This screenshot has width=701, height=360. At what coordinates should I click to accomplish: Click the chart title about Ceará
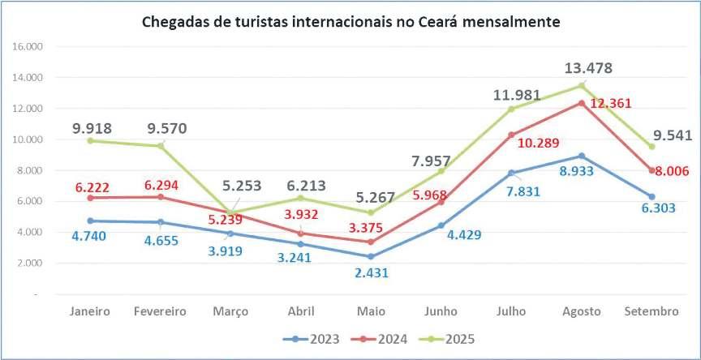pyautogui.click(x=350, y=21)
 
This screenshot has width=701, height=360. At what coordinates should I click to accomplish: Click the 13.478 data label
pyautogui.click(x=587, y=68)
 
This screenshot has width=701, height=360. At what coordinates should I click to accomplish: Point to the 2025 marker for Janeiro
pyautogui.click(x=90, y=140)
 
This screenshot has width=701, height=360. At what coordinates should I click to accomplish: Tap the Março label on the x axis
pyautogui.click(x=231, y=311)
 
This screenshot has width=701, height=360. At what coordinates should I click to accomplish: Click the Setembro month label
pyautogui.click(x=652, y=311)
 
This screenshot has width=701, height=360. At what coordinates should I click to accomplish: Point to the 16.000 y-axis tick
pyautogui.click(x=28, y=47)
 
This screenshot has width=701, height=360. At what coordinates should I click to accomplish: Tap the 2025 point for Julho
pyautogui.click(x=511, y=109)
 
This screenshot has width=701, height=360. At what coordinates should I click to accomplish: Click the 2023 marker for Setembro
pyautogui.click(x=652, y=197)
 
